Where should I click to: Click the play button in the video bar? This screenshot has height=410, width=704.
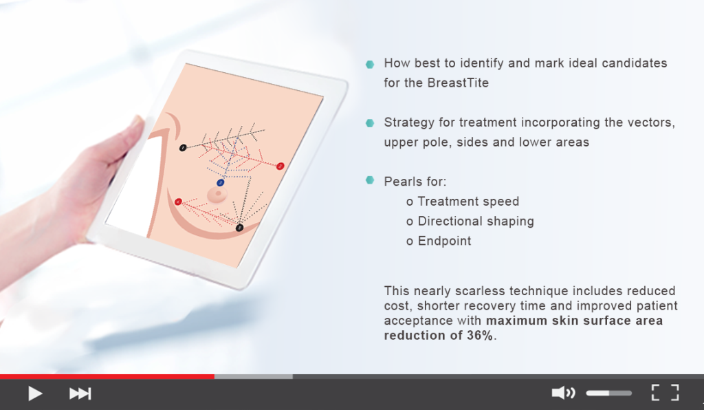tap(35, 393)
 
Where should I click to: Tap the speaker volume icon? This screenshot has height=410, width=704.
tap(563, 393)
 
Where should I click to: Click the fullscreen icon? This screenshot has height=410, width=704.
tap(665, 393)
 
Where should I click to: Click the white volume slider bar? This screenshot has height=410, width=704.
tap(608, 393)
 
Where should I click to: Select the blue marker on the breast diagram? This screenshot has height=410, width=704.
tap(221, 183)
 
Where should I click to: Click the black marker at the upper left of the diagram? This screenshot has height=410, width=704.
tap(183, 147)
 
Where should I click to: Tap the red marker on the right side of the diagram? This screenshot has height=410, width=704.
tap(280, 166)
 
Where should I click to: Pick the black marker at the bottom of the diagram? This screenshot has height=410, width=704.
tap(239, 228)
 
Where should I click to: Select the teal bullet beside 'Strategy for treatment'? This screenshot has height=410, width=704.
tap(370, 123)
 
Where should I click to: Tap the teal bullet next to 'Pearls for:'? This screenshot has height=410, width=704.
tap(370, 181)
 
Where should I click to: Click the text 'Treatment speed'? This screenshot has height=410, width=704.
tap(467, 202)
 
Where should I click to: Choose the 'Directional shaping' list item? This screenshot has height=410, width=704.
tap(475, 222)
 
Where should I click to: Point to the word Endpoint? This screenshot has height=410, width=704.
tap(444, 241)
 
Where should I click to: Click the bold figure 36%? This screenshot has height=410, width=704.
tap(479, 335)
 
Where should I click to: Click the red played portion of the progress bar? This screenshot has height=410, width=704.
tap(107, 377)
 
